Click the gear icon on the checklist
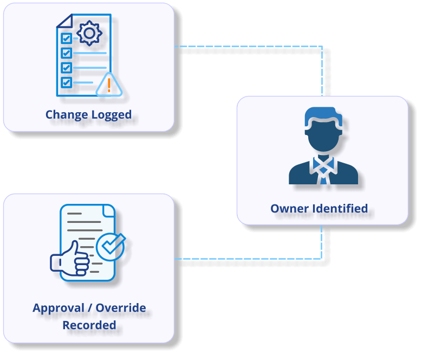[x=89, y=33]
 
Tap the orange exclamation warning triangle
[x=109, y=85]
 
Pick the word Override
[x=121, y=308]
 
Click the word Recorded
[x=89, y=325]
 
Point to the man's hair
[x=323, y=115]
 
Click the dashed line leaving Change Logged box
[x=249, y=47]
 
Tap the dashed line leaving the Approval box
[x=249, y=259]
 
